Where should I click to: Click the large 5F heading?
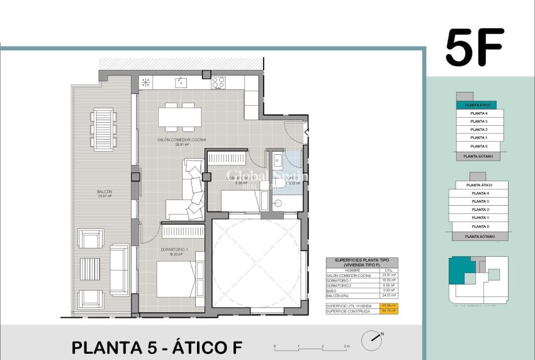pyautogui.click(x=475, y=48)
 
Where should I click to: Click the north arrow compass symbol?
pyautogui.click(x=371, y=340)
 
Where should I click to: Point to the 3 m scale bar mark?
pyautogui.click(x=346, y=346)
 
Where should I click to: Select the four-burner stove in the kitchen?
pyautogui.click(x=218, y=82)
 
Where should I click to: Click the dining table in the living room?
pyautogui.click(x=179, y=117)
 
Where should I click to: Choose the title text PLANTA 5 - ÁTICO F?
pyautogui.click(x=156, y=347)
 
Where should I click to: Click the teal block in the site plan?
pyautogui.click(x=461, y=271)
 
